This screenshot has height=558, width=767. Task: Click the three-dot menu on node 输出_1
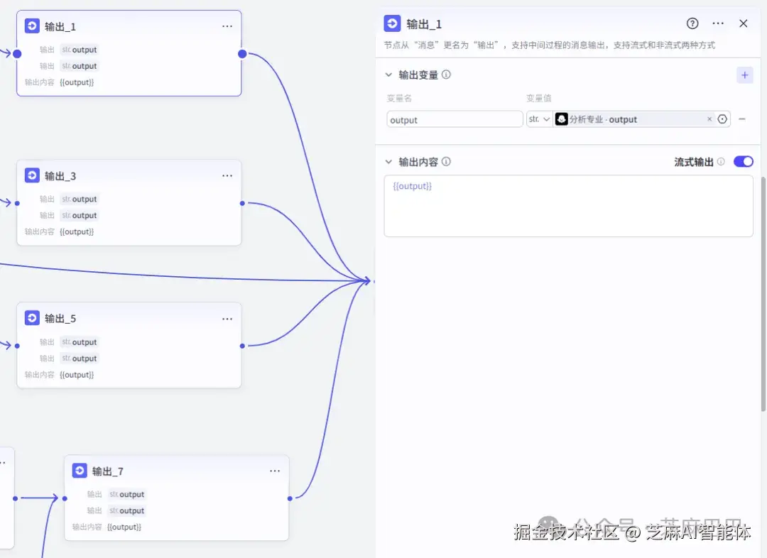pos(227,26)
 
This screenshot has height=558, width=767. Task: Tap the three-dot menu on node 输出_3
pos(227,176)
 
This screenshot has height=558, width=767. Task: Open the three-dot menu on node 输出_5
pos(227,319)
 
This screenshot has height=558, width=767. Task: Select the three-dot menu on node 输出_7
pos(275,471)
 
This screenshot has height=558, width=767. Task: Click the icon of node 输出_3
pos(32,175)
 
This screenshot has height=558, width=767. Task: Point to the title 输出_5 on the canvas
pos(60,319)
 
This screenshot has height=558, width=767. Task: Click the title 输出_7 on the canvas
pos(108,471)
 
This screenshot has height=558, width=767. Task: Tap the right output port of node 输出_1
pos(242,54)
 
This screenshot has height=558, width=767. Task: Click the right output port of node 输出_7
pos(290,498)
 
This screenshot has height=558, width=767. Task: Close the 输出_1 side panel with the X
pos(744,23)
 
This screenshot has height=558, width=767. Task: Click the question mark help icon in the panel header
pos(692,23)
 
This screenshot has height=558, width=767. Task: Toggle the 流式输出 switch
pos(743,162)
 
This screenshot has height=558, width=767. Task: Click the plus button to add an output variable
pos(744,75)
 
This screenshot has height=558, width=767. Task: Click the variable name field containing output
pos(455,120)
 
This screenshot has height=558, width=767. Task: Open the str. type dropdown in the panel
pos(539,119)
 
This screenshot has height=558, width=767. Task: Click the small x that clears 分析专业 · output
pos(709,119)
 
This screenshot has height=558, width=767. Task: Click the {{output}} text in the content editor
pos(413,186)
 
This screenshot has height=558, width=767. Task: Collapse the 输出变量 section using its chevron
pos(388,75)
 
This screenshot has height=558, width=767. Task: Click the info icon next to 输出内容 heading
pos(446,162)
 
